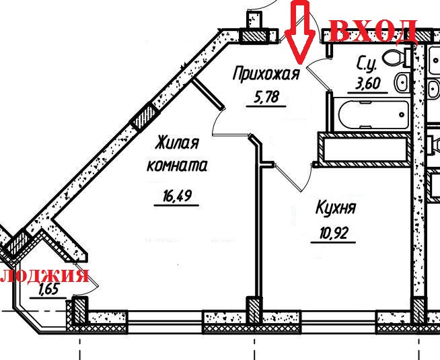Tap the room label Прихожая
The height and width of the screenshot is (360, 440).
pos(264,73)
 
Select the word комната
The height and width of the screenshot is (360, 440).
pos(177,166)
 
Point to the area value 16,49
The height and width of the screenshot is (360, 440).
pos(176,196)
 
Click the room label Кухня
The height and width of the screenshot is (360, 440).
pos(335,209)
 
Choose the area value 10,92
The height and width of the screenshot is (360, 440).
pos(334,236)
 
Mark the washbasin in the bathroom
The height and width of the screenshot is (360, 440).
pos(401,83)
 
